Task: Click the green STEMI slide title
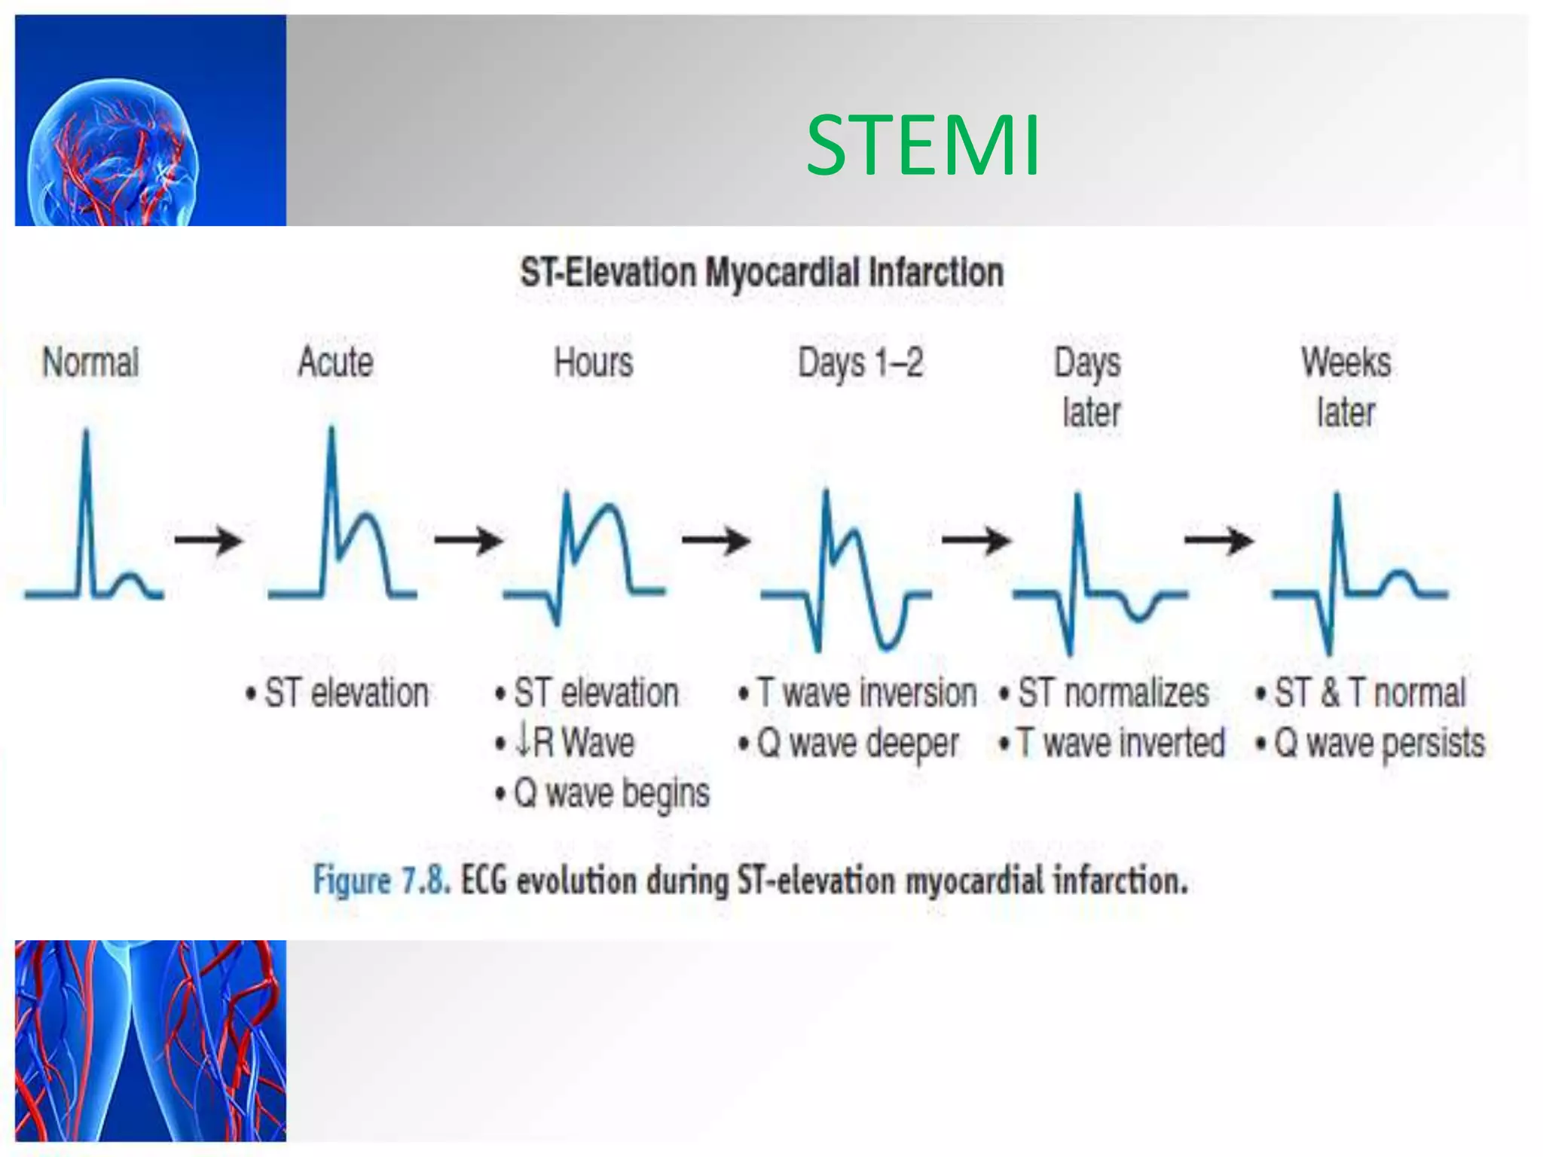click(x=922, y=145)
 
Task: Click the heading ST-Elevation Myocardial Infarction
click(x=761, y=273)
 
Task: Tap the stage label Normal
click(x=90, y=362)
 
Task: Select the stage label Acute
click(x=335, y=362)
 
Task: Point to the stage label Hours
click(x=594, y=362)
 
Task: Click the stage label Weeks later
click(x=1346, y=387)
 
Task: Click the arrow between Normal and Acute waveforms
click(x=209, y=539)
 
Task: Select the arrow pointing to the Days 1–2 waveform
click(x=717, y=539)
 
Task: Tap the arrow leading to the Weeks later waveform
click(x=1219, y=539)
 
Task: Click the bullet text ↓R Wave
click(x=574, y=742)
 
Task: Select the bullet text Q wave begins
click(x=610, y=793)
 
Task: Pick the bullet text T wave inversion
click(x=865, y=692)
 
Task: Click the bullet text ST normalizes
click(x=1112, y=692)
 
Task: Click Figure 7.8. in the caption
click(x=381, y=880)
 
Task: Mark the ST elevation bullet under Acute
click(x=345, y=692)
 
